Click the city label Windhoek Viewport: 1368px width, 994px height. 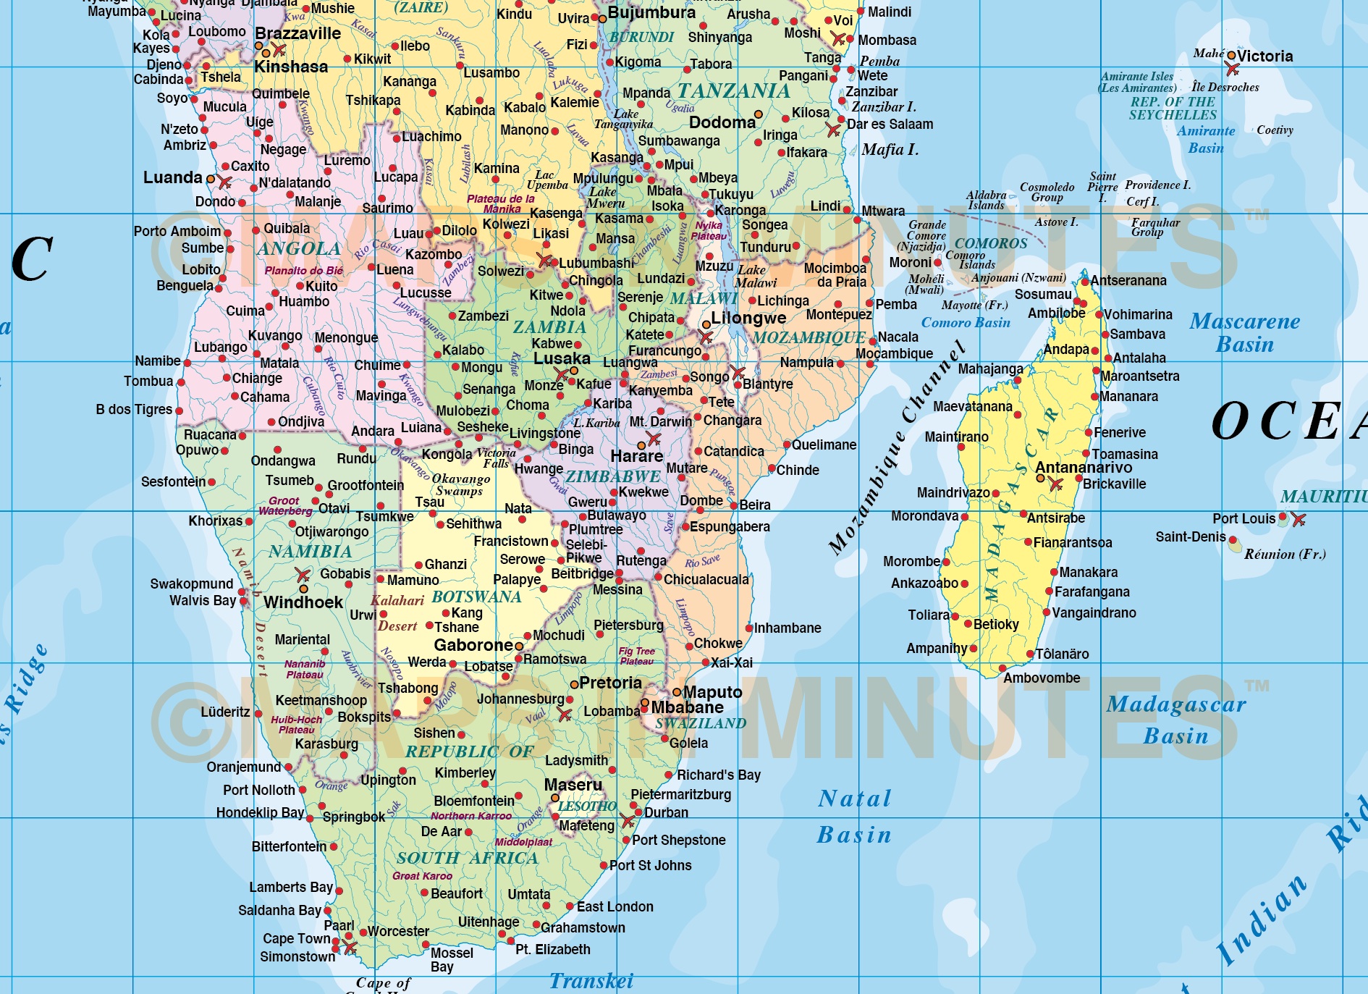(x=303, y=602)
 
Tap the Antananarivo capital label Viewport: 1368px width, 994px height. (x=1084, y=468)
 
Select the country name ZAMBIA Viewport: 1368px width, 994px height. (x=549, y=327)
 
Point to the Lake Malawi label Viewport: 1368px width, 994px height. (x=755, y=277)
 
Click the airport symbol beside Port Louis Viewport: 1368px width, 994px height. (x=1299, y=519)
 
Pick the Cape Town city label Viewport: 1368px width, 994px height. (x=297, y=938)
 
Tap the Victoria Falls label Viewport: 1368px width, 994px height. (x=497, y=458)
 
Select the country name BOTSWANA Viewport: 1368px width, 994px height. (x=476, y=597)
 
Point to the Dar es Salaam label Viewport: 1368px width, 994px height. (x=890, y=124)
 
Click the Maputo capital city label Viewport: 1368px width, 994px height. (x=712, y=692)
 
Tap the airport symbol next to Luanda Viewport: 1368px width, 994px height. (x=224, y=182)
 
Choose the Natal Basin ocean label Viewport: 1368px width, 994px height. (x=854, y=817)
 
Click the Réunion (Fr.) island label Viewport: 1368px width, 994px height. (x=1285, y=555)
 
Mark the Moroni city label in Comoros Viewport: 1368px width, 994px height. (x=911, y=262)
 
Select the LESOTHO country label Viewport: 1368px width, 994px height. (x=587, y=806)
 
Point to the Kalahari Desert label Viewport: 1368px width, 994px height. (x=397, y=612)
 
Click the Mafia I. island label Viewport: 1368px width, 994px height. (x=890, y=150)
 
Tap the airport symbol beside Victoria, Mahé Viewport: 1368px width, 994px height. (x=1232, y=70)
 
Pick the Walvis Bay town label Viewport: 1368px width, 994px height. (x=203, y=600)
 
